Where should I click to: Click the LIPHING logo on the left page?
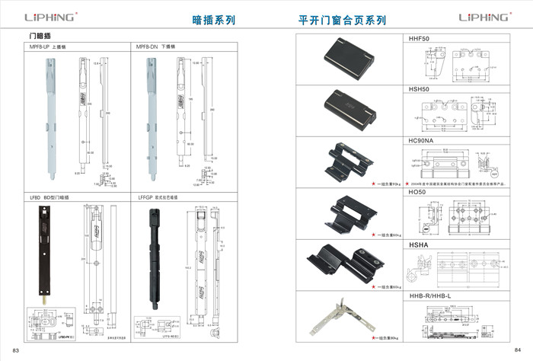51,16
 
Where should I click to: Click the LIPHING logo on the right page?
484,16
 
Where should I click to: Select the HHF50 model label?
420,38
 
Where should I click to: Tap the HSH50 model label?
420,89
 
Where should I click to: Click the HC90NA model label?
422,141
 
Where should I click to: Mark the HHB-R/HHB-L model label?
431,296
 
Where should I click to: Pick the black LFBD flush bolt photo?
41,253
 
